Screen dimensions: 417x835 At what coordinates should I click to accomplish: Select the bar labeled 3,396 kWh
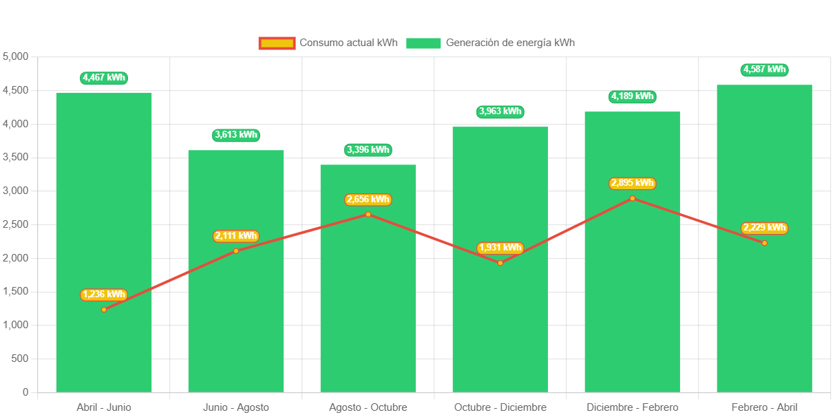[x=368, y=310]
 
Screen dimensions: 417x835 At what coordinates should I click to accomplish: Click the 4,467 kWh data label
[x=104, y=78]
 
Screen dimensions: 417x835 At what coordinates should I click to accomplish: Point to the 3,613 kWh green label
[x=236, y=135]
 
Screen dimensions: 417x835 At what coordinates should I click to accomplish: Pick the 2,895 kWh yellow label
[x=632, y=183]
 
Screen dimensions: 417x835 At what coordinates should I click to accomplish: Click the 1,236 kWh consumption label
[x=104, y=295]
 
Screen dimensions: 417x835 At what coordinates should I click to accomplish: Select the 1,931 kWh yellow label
[x=500, y=248]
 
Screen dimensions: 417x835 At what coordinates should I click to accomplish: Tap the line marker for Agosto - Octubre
[x=368, y=214]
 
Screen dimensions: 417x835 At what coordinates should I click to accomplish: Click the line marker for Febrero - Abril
[x=764, y=243]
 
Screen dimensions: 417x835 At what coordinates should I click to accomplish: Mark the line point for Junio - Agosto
[x=236, y=250]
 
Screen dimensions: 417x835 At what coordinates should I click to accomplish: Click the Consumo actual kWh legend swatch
[x=277, y=43]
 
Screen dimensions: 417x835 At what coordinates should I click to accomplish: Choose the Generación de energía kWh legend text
[x=510, y=43]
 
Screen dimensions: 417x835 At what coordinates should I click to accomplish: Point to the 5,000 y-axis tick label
[x=15, y=56]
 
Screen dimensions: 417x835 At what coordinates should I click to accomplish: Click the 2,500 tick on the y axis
[x=15, y=224]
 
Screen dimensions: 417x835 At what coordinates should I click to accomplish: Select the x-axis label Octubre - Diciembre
[x=500, y=407]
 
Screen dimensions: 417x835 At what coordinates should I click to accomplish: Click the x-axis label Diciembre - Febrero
[x=632, y=407]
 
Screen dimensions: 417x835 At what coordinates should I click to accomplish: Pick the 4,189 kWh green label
[x=632, y=96]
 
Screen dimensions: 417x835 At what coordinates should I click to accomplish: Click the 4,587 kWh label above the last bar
[x=764, y=69]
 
